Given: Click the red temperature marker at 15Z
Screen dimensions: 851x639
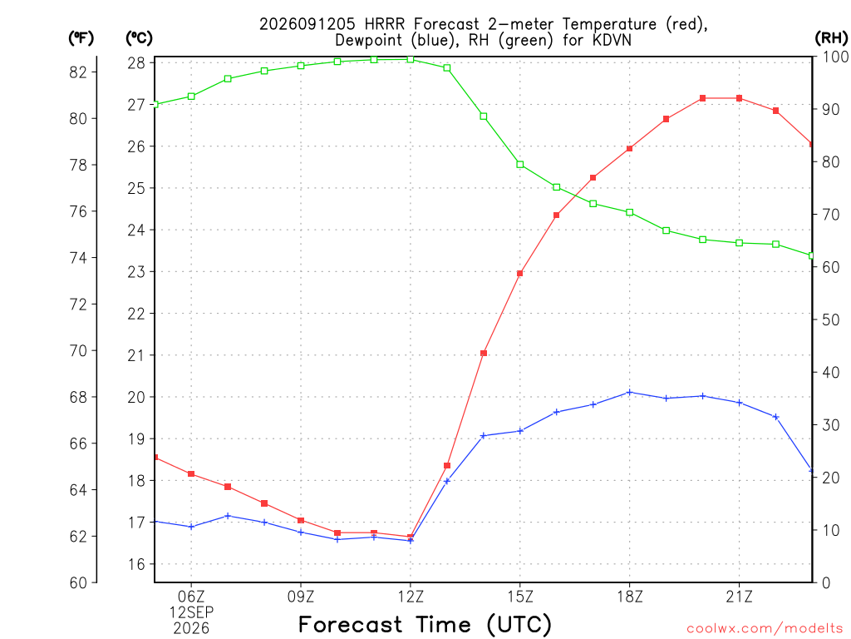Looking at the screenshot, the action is click(x=520, y=274).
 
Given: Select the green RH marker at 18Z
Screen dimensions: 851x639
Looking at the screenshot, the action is click(x=630, y=212).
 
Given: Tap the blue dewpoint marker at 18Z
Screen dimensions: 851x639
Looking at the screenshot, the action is click(x=630, y=393).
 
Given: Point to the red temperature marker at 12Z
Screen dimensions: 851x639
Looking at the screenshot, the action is click(x=411, y=537).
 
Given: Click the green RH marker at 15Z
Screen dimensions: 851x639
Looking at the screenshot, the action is click(x=520, y=164).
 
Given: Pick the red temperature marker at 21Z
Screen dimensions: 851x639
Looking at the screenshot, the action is click(x=739, y=98).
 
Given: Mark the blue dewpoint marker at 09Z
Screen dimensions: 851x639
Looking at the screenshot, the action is click(x=301, y=532).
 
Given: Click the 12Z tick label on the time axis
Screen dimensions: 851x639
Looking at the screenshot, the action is click(x=411, y=597).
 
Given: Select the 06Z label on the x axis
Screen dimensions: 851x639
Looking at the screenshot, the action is click(x=191, y=597).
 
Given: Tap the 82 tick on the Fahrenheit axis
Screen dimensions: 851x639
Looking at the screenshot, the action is click(x=78, y=72).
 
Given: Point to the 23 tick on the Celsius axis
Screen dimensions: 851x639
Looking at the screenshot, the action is click(x=137, y=272).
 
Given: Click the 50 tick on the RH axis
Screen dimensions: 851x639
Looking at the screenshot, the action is click(x=830, y=319).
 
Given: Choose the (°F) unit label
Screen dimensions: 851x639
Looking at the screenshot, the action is click(x=81, y=38).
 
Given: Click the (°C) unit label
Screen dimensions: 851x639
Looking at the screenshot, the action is click(x=139, y=38).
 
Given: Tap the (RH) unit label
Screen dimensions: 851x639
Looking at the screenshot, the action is click(x=831, y=38).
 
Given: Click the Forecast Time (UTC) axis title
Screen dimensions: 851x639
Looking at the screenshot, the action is click(x=425, y=625).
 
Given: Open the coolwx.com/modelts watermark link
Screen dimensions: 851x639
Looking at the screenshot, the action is click(x=765, y=628).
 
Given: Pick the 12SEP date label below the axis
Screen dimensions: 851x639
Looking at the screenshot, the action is click(x=191, y=612).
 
